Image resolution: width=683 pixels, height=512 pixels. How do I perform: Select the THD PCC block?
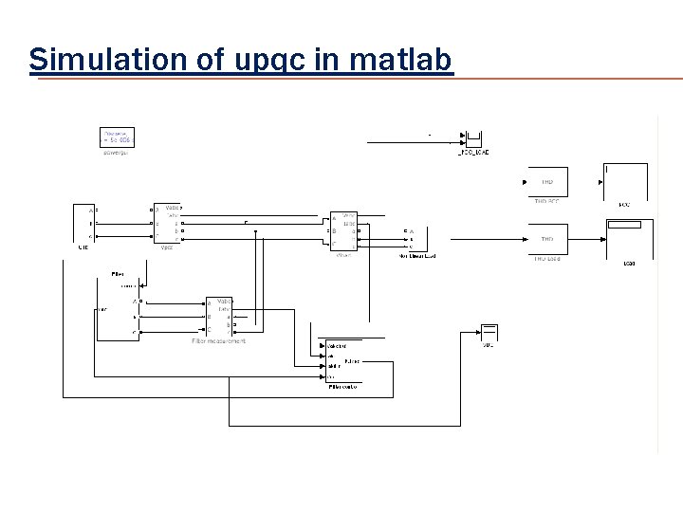point(547,182)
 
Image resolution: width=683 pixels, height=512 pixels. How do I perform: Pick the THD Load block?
point(547,239)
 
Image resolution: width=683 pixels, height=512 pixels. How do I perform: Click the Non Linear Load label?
point(416,256)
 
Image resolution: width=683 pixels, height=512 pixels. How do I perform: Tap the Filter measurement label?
point(218,340)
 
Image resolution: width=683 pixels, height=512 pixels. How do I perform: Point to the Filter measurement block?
point(219,316)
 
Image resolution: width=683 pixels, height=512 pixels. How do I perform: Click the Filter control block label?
point(344,387)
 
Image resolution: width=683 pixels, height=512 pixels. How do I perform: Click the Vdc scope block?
point(489,333)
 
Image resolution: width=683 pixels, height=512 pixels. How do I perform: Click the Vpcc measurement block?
point(168,225)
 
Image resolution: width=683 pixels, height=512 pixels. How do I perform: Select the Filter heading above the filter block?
point(118,273)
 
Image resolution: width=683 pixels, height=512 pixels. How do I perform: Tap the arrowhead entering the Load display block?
point(604,225)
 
